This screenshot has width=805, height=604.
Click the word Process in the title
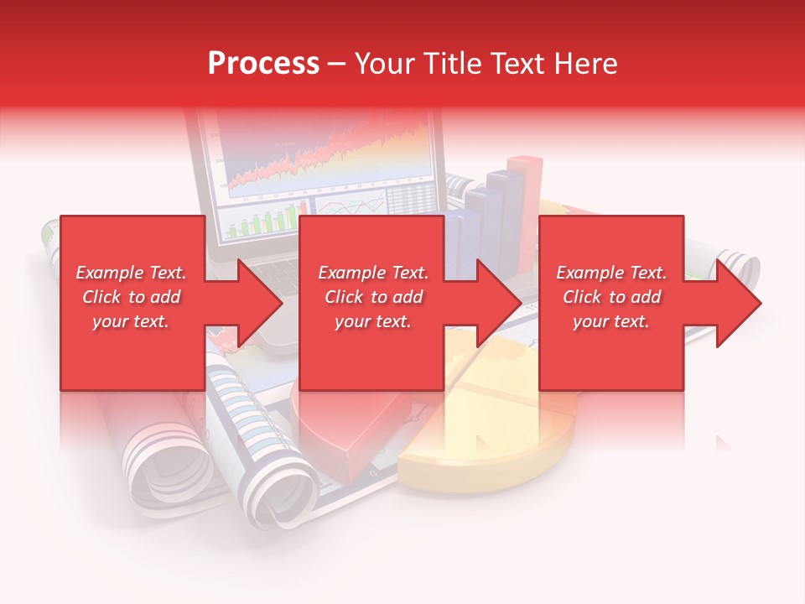[x=263, y=64]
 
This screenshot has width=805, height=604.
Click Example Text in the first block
[x=131, y=273]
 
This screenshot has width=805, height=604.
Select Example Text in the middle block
[x=373, y=273]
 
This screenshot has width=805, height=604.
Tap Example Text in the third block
[x=611, y=273]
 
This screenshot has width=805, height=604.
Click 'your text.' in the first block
[x=131, y=321]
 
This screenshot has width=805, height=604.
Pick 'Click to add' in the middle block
[x=373, y=297]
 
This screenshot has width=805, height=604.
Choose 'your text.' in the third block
[x=611, y=321]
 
